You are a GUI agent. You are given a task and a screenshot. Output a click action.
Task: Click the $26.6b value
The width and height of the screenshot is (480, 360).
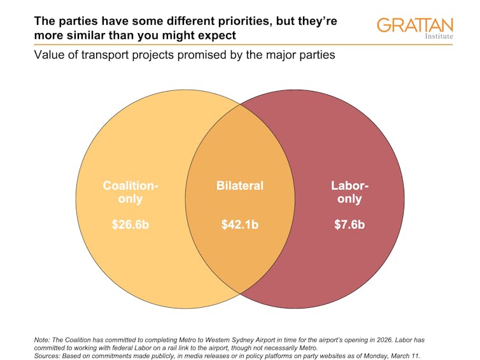point(130,225)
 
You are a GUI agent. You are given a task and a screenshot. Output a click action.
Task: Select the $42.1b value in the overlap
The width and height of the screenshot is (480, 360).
point(239,225)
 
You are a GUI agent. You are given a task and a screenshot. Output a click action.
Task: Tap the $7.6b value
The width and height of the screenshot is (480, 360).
point(349,225)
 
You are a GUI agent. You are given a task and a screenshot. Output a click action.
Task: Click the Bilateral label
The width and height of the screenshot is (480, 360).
point(239,186)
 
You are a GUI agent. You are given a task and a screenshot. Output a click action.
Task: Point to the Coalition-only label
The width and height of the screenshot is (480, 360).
point(130,193)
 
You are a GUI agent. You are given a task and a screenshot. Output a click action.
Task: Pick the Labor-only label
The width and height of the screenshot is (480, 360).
point(349,193)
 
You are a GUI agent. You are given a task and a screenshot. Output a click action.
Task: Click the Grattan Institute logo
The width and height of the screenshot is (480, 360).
point(414,27)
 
